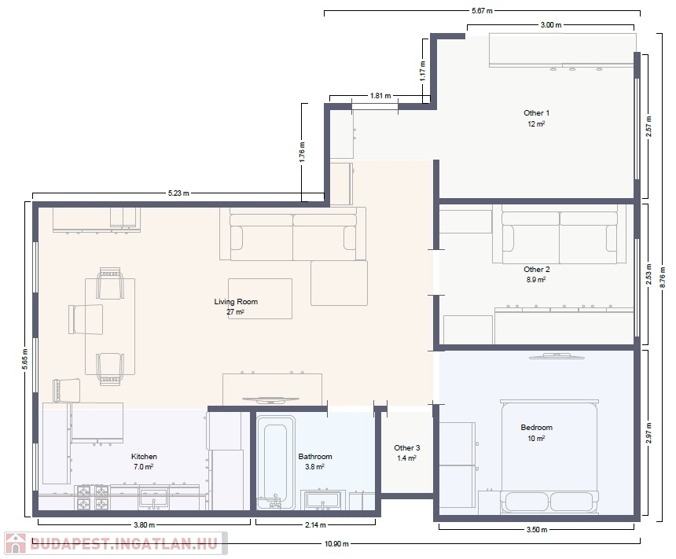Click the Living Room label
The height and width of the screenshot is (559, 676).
pos(236,301)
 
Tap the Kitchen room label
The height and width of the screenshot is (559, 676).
pos(144,456)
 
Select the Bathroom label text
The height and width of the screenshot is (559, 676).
pos(315,456)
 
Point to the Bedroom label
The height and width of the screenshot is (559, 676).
pos(536,428)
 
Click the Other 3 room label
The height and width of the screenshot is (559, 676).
pos(407,447)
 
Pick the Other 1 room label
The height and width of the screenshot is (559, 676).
pos(536,113)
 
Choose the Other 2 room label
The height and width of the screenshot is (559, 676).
pos(536,269)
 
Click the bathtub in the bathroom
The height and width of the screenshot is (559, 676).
pos(276,462)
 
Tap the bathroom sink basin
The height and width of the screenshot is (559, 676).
pos(322,500)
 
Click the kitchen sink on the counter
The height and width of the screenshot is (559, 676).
pos(153,499)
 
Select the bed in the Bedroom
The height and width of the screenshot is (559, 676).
pos(549,457)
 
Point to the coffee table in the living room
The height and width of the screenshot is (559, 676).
pos(260,299)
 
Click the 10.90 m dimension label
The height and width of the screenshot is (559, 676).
pos(336,543)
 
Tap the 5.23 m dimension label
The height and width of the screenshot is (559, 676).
pos(178,193)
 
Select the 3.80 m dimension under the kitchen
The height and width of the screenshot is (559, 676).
pos(144,525)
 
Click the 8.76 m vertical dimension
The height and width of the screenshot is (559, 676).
pos(663,277)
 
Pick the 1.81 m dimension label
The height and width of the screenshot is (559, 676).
pos(380,95)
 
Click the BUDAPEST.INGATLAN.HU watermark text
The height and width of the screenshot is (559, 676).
pos(124,543)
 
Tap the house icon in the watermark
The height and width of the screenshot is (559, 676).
pos(16,543)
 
